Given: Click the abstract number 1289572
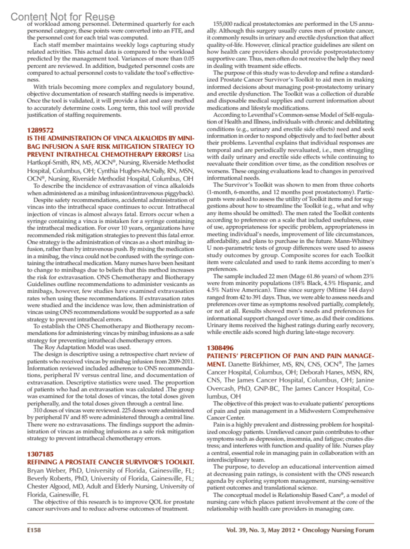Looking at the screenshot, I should [40, 130].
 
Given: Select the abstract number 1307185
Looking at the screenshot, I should [40, 454].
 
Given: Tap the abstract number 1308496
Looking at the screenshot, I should [220, 348].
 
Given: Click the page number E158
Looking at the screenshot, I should [34, 530].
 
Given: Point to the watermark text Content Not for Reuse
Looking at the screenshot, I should [63, 16].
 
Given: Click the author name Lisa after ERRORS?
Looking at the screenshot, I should [189, 155].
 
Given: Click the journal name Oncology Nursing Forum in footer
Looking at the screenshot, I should [338, 530].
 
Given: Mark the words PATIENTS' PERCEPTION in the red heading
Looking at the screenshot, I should [248, 356].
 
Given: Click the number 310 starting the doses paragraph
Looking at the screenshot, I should [38, 410].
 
